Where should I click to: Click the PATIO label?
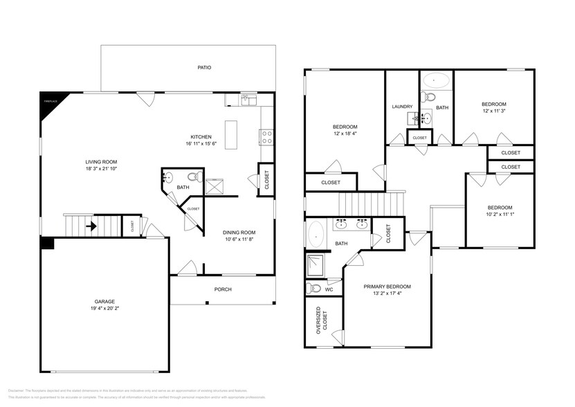pyautogui.click(x=203, y=68)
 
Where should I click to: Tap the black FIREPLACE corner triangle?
pyautogui.click(x=48, y=100)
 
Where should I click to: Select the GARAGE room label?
pyautogui.click(x=104, y=301)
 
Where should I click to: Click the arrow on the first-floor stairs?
pyautogui.click(x=91, y=225)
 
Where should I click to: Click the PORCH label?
pyautogui.click(x=223, y=289)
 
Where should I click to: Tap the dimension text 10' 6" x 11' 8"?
pyautogui.click(x=239, y=239)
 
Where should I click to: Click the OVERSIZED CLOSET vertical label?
pyautogui.click(x=318, y=321)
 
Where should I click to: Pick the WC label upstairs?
pyautogui.click(x=329, y=289)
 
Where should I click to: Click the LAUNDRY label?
pyautogui.click(x=402, y=107)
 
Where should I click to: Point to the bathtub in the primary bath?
pyautogui.click(x=317, y=234)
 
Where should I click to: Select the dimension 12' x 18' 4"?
pyautogui.click(x=345, y=134)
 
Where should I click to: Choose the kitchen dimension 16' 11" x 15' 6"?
pyautogui.click(x=201, y=144)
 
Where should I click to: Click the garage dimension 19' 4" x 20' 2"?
pyautogui.click(x=104, y=309)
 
